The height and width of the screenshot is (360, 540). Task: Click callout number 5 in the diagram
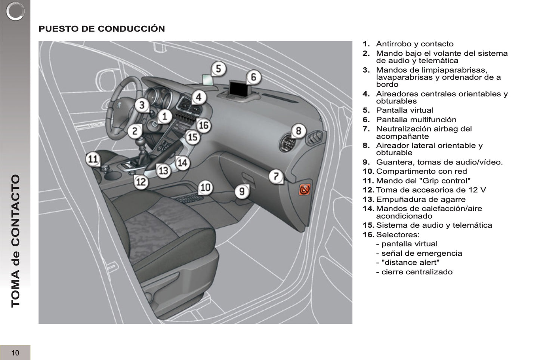tap(219, 69)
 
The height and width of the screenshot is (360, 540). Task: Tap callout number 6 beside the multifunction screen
tap(253, 77)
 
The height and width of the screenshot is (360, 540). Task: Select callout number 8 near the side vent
tap(298, 131)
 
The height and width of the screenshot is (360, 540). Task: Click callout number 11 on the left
tap(92, 159)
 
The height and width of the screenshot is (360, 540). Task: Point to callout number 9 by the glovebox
tap(242, 191)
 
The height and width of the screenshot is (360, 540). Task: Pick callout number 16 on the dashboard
tap(203, 125)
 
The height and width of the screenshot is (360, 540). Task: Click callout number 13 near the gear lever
tap(163, 171)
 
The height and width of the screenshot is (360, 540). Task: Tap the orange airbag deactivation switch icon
tap(304, 190)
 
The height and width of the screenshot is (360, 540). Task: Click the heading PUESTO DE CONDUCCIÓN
tap(102, 29)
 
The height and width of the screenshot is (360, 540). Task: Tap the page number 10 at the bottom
tap(15, 353)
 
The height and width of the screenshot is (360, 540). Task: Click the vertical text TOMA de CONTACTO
tap(15, 241)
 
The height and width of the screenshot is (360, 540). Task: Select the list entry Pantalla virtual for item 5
tap(404, 110)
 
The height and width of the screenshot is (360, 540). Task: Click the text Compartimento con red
tap(421, 171)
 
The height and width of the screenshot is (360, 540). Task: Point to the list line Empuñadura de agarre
tap(420, 199)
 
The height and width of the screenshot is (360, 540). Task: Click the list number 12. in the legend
tap(368, 190)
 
